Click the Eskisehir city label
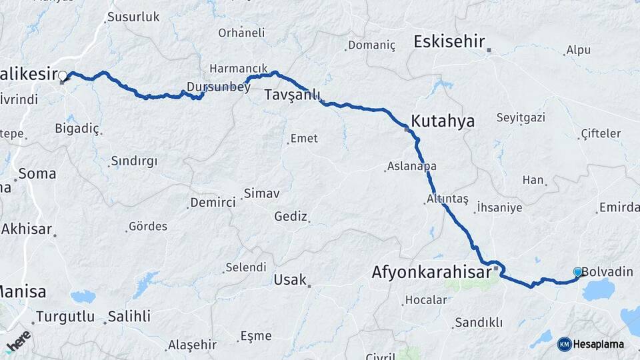point(449,42)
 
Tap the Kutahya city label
point(443,121)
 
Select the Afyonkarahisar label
point(431,273)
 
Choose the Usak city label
point(290,280)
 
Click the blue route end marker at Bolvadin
point(577,272)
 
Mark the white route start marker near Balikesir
point(63,76)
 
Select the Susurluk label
point(133,17)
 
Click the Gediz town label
point(291,217)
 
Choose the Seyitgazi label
point(521,118)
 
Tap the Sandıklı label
point(478,323)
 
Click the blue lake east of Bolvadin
point(599,290)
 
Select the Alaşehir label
point(192,345)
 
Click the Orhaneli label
point(241,33)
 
